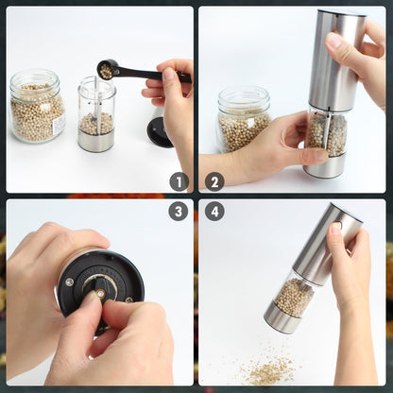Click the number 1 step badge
coord(179,181)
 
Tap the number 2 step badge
coord(214,181)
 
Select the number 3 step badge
coord(179,212)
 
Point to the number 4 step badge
coord(214,212)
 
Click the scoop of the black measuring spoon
coord(107,69)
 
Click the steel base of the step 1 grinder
coord(95,142)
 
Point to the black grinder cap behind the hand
coord(158,129)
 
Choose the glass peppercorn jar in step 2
coord(243,120)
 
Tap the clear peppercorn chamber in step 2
coord(327,132)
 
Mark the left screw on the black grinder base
coord(69,281)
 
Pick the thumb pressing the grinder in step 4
coord(336,231)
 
